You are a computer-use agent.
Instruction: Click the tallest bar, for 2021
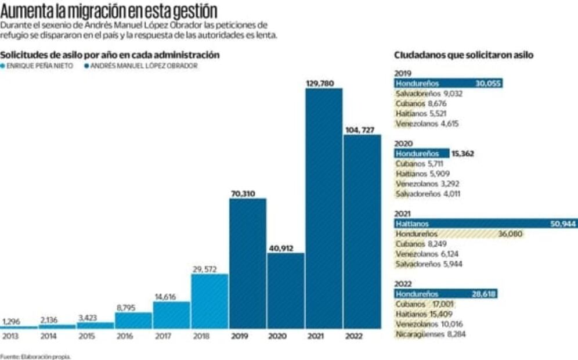point(324,209)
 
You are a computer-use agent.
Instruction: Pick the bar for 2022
point(362,232)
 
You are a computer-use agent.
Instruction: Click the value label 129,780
point(320,84)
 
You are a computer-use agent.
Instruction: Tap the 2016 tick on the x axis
point(125,336)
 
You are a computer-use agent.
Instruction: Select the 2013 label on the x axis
point(10,336)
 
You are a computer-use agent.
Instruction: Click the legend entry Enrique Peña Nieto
point(39,66)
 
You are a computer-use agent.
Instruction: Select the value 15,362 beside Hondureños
point(463,154)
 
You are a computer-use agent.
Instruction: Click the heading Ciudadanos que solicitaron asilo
point(463,55)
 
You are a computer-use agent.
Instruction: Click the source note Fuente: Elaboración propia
point(35,357)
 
